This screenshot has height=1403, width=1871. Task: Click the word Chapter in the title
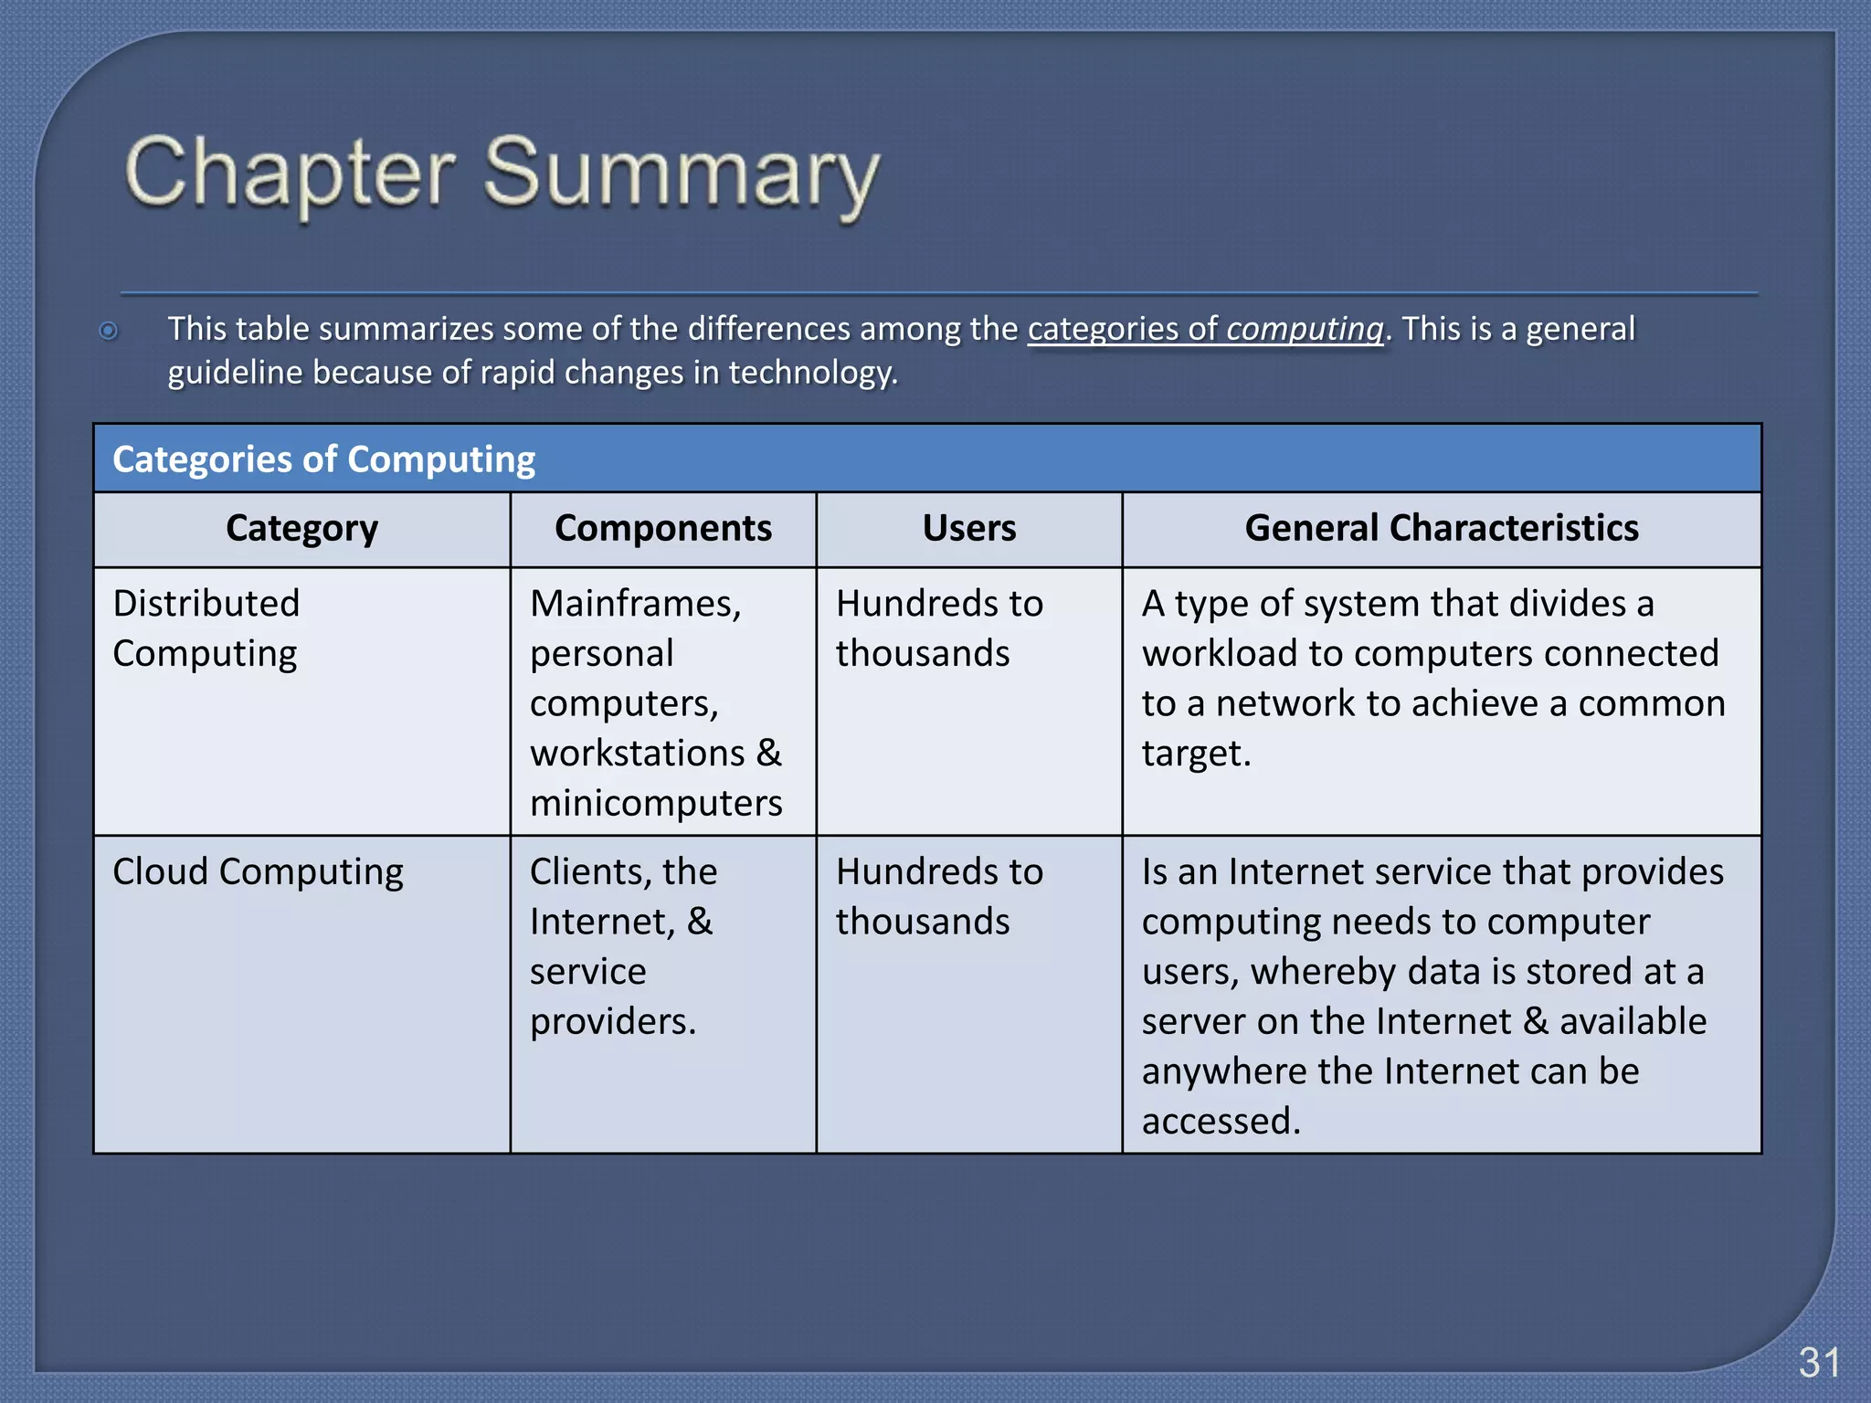click(x=290, y=174)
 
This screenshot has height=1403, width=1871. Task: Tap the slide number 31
click(x=1818, y=1363)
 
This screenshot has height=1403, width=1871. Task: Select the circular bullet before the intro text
click(x=109, y=331)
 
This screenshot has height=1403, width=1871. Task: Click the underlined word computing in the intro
click(x=1305, y=329)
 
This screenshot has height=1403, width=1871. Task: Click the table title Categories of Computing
click(x=323, y=459)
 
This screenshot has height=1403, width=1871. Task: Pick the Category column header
click(x=301, y=529)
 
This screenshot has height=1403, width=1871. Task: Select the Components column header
click(x=662, y=529)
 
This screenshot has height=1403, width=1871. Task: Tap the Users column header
click(x=968, y=529)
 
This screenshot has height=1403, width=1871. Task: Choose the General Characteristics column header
click(x=1441, y=529)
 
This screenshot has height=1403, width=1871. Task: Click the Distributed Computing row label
click(x=206, y=628)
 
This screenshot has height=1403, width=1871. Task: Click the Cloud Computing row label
click(x=258, y=871)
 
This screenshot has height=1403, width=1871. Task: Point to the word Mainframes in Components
click(x=635, y=604)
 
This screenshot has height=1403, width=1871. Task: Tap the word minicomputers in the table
click(x=656, y=804)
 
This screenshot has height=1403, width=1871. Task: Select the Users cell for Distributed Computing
click(x=938, y=628)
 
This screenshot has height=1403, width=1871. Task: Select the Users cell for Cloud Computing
click(x=938, y=897)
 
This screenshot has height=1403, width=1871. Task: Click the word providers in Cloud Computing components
click(x=611, y=1021)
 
